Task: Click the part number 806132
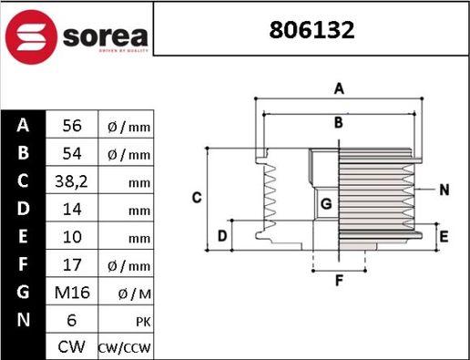click(x=312, y=30)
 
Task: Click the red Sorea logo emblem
click(x=33, y=36)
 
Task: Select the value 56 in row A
click(x=72, y=126)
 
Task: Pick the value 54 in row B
click(x=72, y=154)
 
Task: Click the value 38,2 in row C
click(x=72, y=181)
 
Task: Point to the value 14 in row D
click(x=72, y=210)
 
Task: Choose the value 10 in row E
click(x=72, y=238)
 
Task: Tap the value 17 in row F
click(x=72, y=265)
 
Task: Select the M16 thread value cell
click(x=72, y=293)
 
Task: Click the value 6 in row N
click(x=72, y=321)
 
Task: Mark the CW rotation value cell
click(x=72, y=348)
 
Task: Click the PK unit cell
click(x=128, y=321)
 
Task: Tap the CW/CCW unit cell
click(x=128, y=348)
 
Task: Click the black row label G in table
click(x=24, y=293)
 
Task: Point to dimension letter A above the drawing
click(x=338, y=88)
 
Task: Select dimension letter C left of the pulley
click(x=196, y=198)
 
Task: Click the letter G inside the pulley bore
click(x=325, y=203)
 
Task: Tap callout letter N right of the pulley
click(x=444, y=190)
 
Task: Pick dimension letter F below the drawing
click(x=338, y=281)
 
